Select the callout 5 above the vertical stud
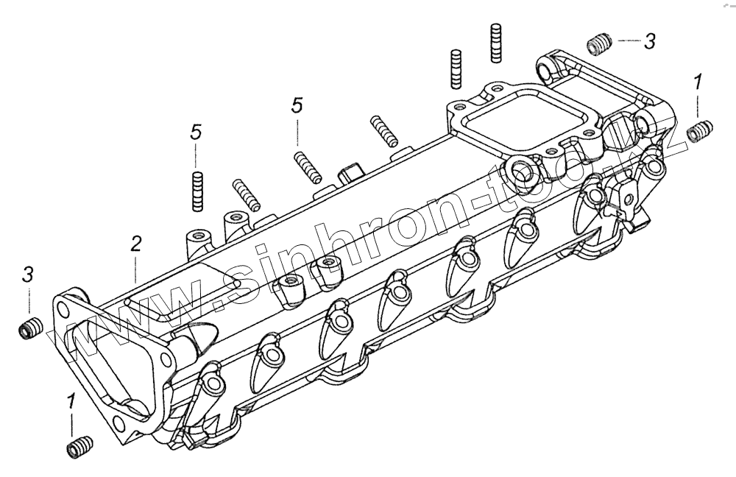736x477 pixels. coord(196,132)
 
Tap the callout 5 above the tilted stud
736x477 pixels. coord(297,106)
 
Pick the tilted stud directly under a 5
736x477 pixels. coord(307,166)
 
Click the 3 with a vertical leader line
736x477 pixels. coord(28,275)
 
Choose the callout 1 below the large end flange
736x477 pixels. coord(71,402)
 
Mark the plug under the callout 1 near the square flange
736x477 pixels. coord(697,132)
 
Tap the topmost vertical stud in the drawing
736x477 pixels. coord(495,43)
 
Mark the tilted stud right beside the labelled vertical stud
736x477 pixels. coord(247,194)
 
